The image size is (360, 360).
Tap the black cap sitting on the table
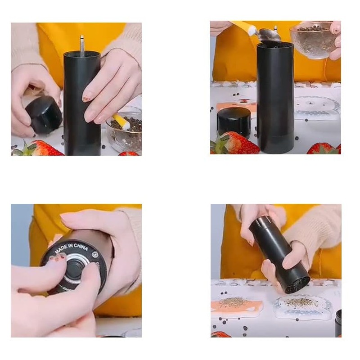(x=234, y=122)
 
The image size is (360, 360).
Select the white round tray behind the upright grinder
(x=317, y=108)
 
